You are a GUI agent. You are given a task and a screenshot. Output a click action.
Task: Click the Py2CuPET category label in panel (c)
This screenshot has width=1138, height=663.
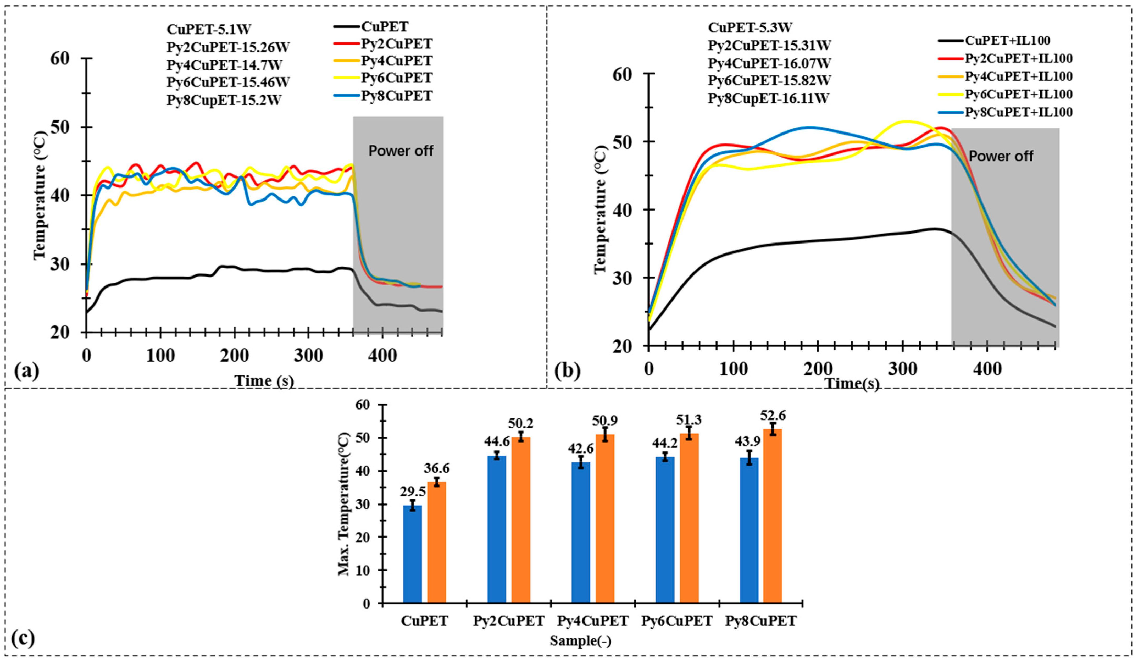[x=508, y=621]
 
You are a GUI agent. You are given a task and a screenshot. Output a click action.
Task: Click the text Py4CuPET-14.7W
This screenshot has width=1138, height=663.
[x=224, y=65]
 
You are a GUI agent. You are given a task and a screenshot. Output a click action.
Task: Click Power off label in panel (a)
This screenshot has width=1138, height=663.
[x=401, y=151]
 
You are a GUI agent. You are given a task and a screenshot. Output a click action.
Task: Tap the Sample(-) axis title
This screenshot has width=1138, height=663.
[x=580, y=641]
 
